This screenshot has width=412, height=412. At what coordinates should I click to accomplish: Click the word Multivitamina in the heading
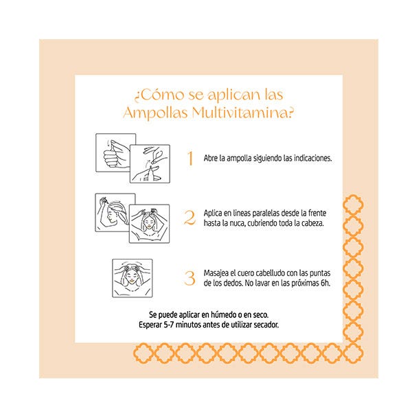click(x=242, y=113)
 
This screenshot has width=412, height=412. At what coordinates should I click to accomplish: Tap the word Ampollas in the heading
click(x=155, y=113)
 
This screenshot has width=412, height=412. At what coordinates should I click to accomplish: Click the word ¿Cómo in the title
click(x=159, y=95)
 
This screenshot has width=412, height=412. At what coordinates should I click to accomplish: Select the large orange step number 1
click(x=190, y=159)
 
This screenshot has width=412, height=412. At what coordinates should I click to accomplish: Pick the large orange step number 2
click(x=190, y=218)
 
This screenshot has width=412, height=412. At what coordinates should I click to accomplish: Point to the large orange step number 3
click(x=190, y=278)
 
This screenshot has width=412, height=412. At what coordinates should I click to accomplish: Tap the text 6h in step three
click(x=325, y=283)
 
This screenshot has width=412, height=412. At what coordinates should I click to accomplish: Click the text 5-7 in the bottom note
click(x=169, y=325)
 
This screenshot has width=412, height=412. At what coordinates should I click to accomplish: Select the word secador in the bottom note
click(x=268, y=325)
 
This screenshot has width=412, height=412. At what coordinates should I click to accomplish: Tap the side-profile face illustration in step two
click(x=115, y=213)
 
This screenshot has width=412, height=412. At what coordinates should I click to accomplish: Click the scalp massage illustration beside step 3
click(x=132, y=278)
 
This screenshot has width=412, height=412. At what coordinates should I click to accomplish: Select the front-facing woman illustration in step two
click(x=149, y=224)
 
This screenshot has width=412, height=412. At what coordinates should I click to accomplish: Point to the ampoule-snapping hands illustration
click(x=150, y=163)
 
